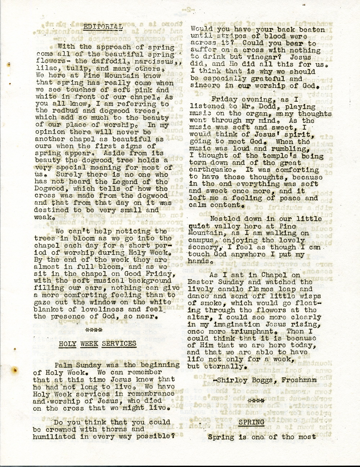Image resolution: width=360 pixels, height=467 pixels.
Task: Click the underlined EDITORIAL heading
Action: point(103,26)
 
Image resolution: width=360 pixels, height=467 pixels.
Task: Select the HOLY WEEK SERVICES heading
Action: point(98,343)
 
